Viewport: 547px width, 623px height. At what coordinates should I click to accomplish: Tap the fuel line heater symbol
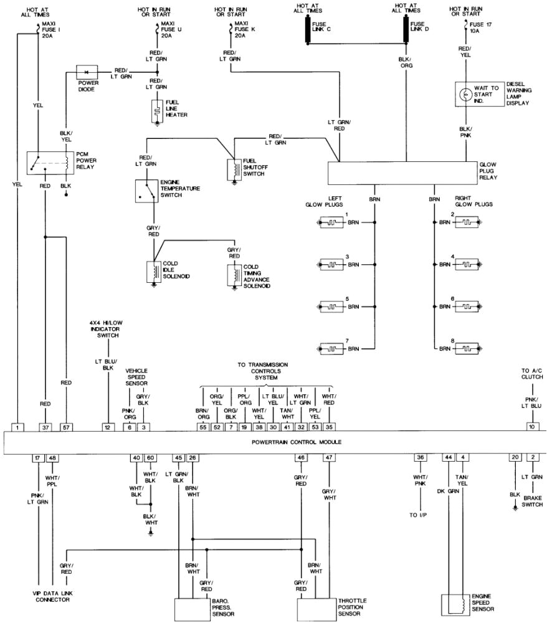click(157, 112)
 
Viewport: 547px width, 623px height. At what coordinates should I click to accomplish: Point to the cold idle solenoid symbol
click(152, 272)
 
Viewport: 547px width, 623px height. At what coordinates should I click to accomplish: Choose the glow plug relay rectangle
click(402, 171)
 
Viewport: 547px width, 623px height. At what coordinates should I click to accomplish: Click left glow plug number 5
click(333, 307)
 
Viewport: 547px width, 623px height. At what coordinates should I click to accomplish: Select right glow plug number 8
click(467, 348)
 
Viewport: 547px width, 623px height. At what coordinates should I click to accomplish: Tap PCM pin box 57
click(66, 427)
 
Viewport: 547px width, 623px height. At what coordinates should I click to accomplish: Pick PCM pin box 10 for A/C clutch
click(531, 427)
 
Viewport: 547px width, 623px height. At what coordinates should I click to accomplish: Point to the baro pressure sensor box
click(193, 607)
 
